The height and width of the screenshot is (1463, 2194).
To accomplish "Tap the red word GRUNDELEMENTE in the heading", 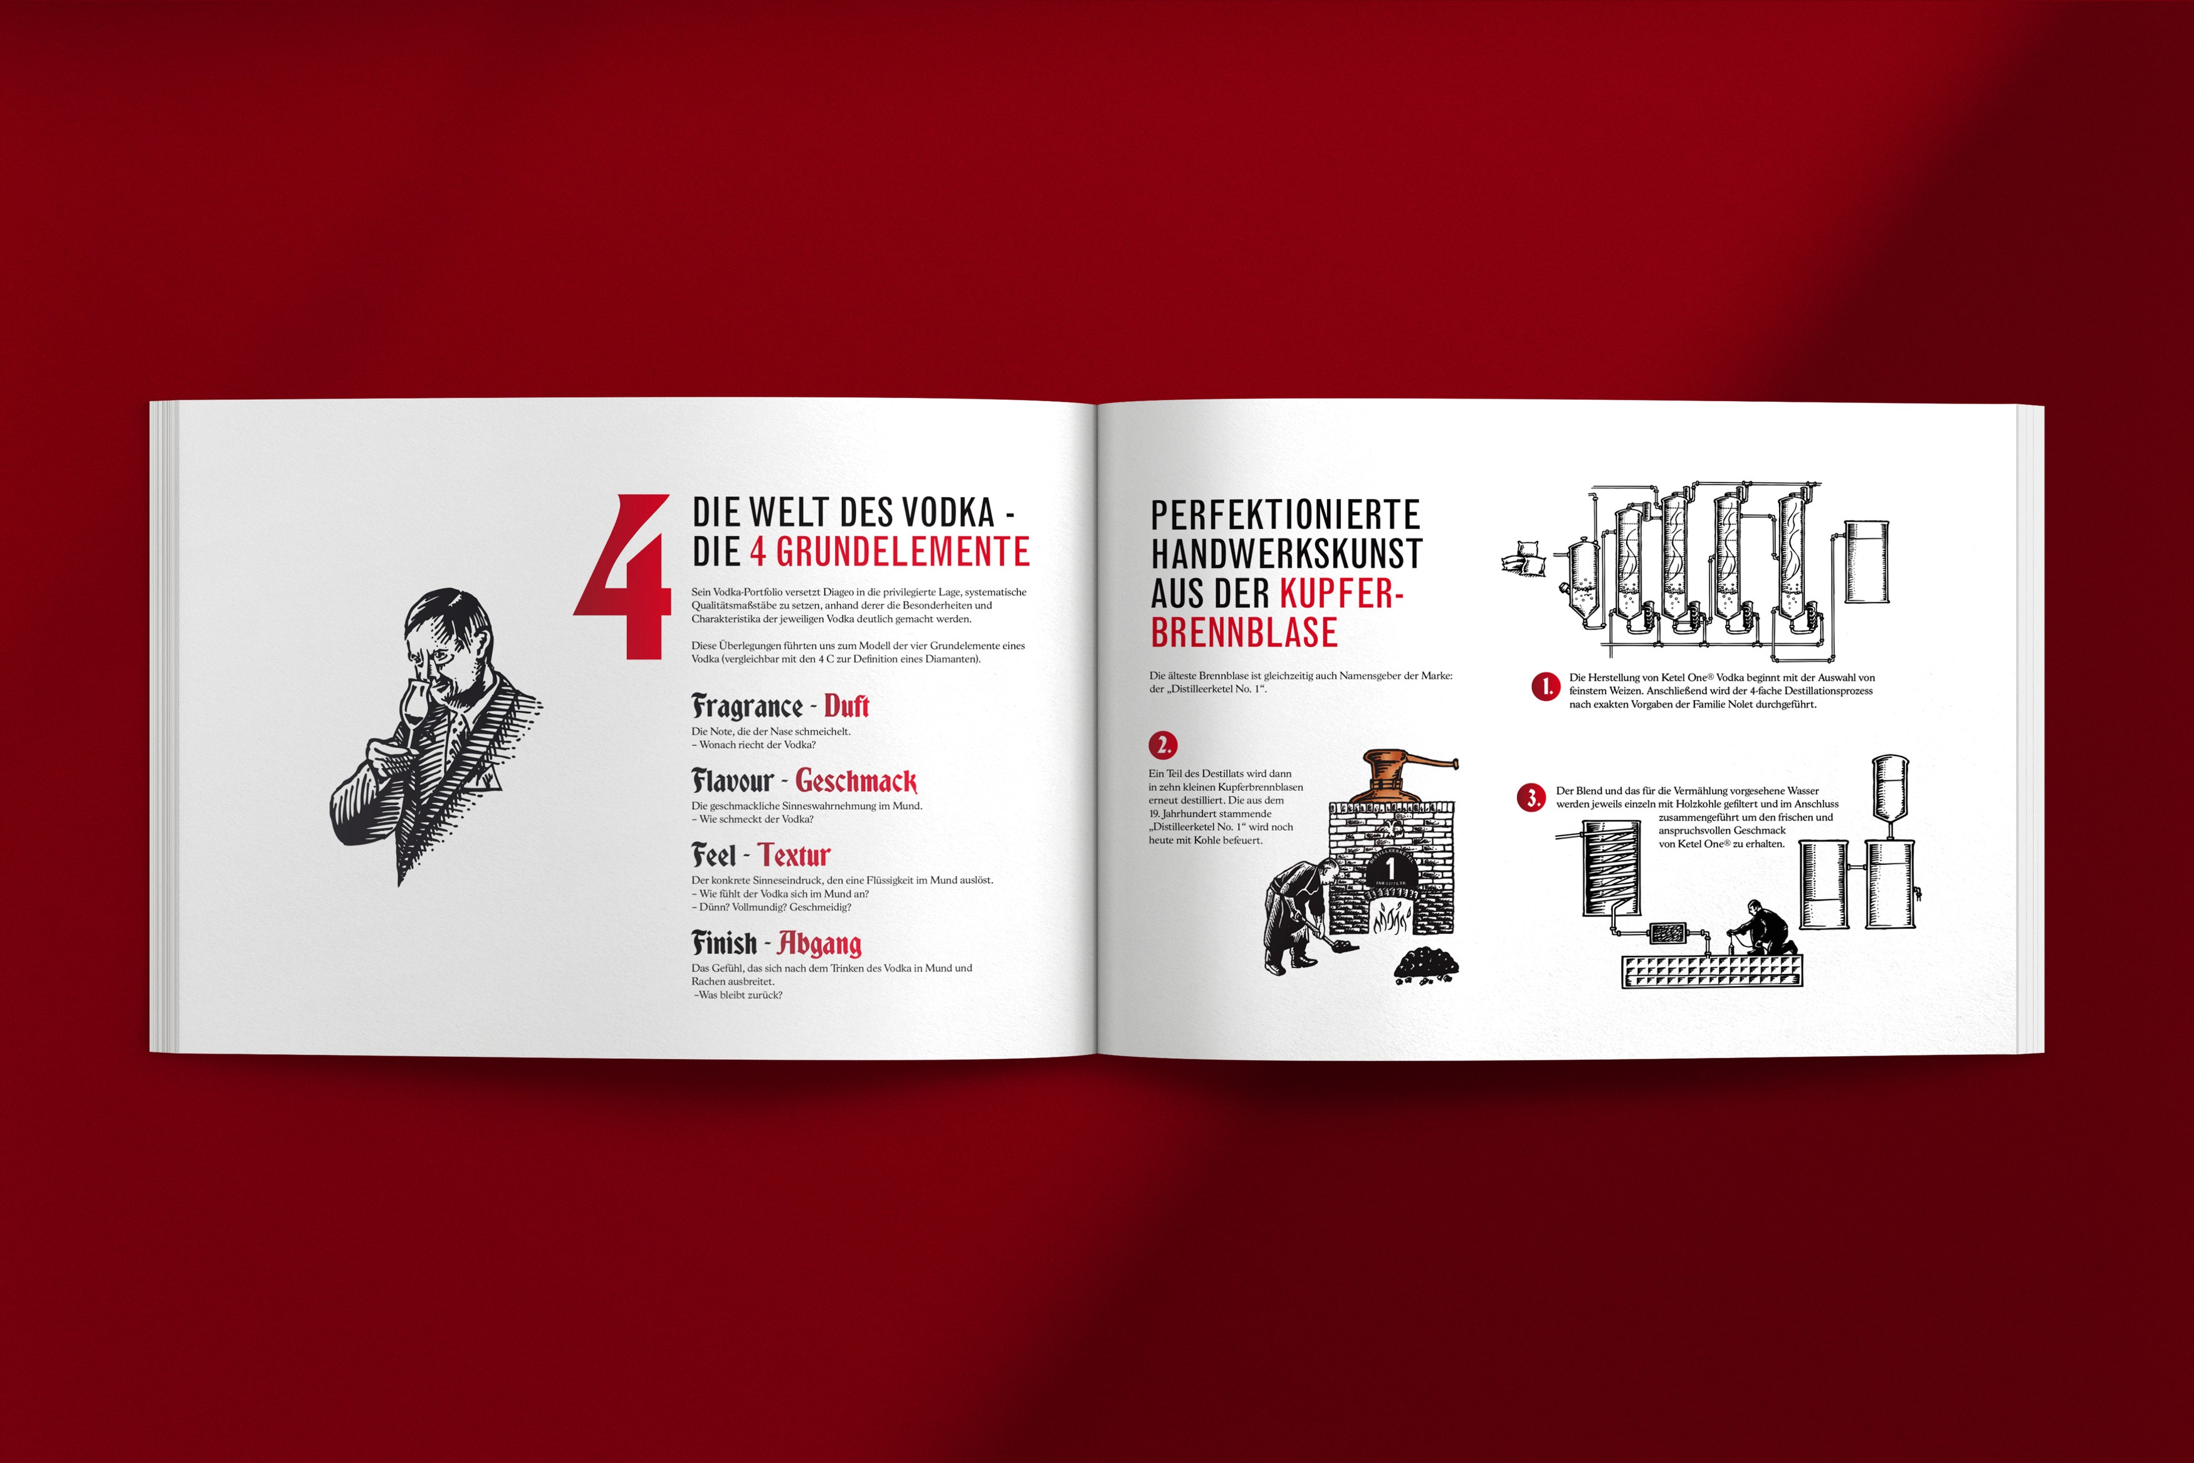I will (x=903, y=552).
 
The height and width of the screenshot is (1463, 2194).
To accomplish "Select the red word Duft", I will (x=846, y=706).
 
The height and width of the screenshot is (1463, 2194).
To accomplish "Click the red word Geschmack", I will (x=856, y=781).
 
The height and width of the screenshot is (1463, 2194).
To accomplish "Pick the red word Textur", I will (x=793, y=854).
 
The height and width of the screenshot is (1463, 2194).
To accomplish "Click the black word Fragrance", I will (x=746, y=706).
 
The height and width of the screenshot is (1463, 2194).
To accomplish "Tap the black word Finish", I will (x=724, y=942).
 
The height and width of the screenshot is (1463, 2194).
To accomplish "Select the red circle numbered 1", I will (x=1545, y=687).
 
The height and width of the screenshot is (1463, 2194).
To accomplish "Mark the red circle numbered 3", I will (x=1531, y=798).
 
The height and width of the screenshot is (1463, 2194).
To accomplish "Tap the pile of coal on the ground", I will (x=1425, y=964).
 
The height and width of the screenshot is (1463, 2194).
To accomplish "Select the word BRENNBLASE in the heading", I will (x=1244, y=632).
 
